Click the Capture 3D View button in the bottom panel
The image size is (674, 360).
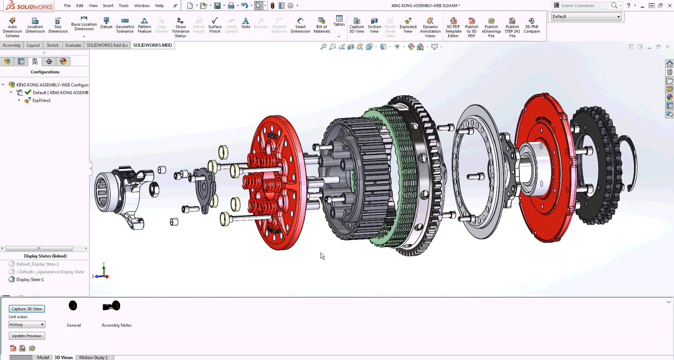coord(27,309)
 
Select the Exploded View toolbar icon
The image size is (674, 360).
coord(408,25)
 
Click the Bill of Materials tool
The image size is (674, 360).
coord(321,25)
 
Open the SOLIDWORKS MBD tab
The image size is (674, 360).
coord(152,45)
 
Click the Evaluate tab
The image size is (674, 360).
coord(73,45)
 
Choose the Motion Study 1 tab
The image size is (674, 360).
coord(93,357)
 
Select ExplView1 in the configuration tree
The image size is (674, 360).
coord(41,100)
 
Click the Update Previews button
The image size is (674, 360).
coord(27,336)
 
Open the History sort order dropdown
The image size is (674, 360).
coord(27,325)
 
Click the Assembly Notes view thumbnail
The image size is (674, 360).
coord(112,306)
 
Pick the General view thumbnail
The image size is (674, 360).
coord(73,306)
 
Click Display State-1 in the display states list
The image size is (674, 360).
coord(29,279)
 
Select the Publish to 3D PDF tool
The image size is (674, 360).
coord(471,27)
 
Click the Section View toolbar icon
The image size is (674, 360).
coord(374,25)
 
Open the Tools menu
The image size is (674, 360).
coord(123,5)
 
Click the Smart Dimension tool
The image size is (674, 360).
coord(300,25)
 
